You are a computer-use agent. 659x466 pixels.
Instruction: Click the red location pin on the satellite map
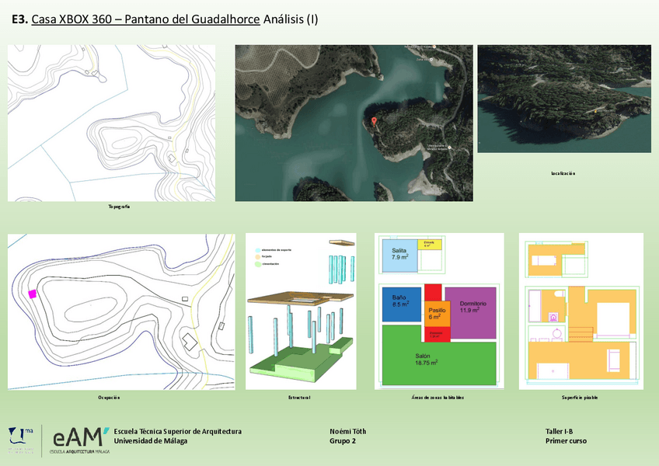tap(375, 121)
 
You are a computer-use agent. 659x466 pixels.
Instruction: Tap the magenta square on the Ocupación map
tap(33, 294)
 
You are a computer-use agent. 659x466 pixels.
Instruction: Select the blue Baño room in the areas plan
tap(401, 304)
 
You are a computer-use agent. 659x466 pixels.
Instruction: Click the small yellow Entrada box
tap(430, 245)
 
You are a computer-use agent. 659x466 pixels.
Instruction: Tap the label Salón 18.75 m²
tap(426, 360)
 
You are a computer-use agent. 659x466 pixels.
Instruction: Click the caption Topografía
tap(119, 207)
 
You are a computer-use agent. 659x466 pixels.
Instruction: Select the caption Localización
tap(563, 173)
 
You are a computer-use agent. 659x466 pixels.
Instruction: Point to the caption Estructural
tap(300, 398)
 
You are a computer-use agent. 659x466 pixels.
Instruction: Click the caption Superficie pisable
tap(580, 398)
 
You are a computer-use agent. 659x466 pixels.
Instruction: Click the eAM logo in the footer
tap(79, 436)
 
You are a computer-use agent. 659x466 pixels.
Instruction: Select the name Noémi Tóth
tap(347, 431)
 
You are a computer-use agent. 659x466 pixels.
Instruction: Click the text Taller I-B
tap(560, 431)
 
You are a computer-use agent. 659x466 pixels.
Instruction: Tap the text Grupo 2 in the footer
tap(343, 441)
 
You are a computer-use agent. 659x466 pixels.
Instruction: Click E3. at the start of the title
tap(19, 19)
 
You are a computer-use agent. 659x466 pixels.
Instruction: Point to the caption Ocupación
tap(110, 398)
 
